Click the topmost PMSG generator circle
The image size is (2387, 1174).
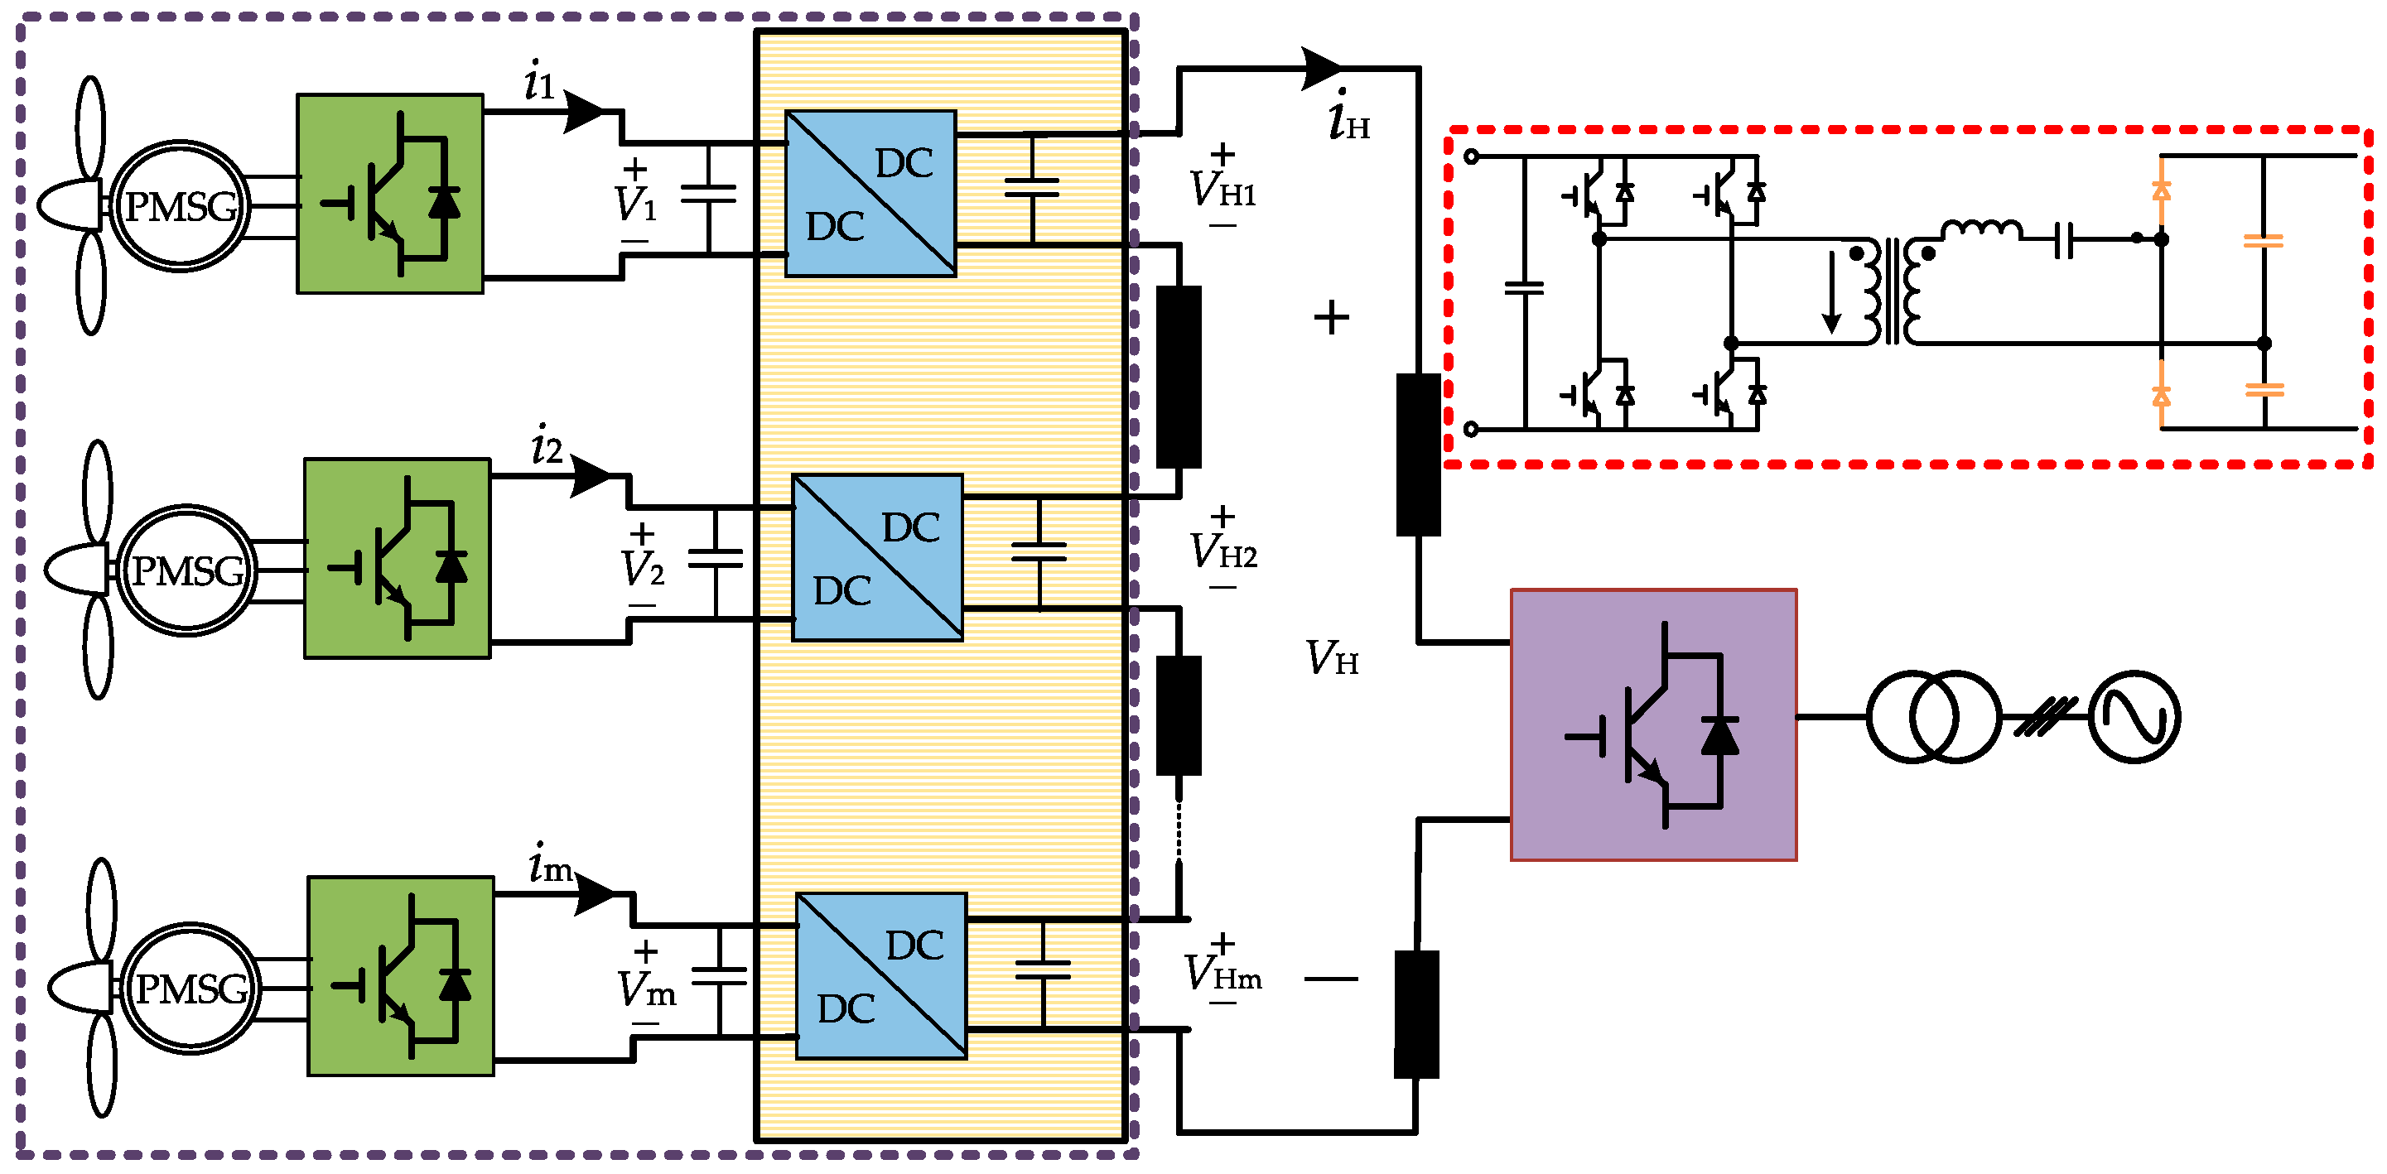181,205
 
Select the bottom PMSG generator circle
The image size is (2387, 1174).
190,989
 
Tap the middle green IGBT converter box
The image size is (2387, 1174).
398,558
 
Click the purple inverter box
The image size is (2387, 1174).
1653,724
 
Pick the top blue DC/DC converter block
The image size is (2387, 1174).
870,194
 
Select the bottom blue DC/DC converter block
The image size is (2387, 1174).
881,975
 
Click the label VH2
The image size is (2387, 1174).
1223,552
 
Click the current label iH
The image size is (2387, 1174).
1348,118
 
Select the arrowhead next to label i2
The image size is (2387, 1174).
591,476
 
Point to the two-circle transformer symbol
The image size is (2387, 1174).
1934,716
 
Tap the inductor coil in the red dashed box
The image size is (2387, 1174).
1981,230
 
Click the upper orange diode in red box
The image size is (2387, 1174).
2161,190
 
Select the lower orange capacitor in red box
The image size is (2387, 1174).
2264,390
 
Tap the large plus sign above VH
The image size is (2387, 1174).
1332,318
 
